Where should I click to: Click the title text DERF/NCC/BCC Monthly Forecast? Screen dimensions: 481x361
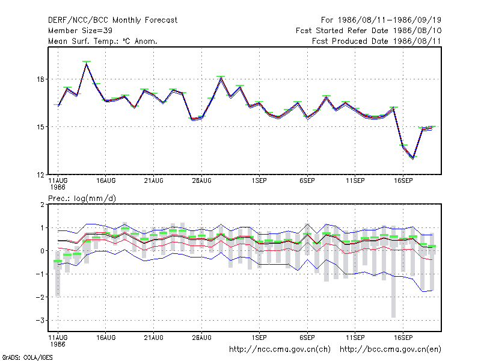coord(112,20)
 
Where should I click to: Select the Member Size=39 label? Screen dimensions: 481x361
coord(80,31)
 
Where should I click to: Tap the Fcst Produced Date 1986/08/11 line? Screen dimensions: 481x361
coord(376,41)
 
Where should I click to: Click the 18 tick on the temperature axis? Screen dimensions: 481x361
coord(41,79)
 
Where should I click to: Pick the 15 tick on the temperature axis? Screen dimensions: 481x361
coord(41,127)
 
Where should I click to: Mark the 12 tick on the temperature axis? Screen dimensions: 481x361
coord(41,175)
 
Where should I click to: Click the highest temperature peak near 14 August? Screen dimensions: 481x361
coord(87,64)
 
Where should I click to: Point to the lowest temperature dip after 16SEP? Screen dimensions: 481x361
coord(413,158)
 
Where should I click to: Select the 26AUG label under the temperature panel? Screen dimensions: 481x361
coord(202,181)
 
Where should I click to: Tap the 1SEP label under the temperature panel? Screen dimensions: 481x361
coord(259,181)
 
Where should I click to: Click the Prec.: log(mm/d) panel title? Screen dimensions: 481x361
coord(82,199)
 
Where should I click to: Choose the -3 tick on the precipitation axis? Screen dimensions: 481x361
coord(40,321)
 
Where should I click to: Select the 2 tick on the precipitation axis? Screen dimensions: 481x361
coord(42,205)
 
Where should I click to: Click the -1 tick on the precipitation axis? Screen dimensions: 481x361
coord(40,274)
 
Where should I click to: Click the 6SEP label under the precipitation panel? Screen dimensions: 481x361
coord(307,338)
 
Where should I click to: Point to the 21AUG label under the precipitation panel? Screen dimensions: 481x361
coord(154,338)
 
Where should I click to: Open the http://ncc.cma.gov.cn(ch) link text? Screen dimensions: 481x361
coord(280,350)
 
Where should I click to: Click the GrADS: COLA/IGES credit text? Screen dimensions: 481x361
coord(27,357)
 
